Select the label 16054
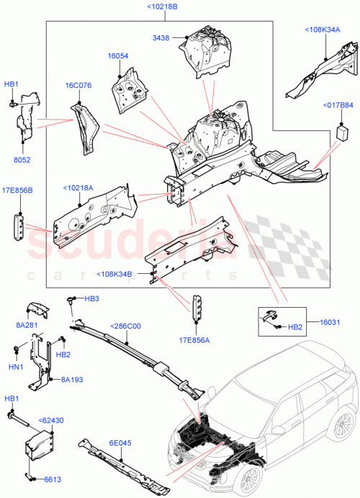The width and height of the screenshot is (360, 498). pyautogui.click(x=118, y=55)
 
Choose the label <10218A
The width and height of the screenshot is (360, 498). pyautogui.click(x=78, y=187)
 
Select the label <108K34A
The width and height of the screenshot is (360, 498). pyautogui.click(x=323, y=30)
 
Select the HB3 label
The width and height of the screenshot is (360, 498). pyautogui.click(x=91, y=298)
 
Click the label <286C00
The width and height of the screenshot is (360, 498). pyautogui.click(x=126, y=326)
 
